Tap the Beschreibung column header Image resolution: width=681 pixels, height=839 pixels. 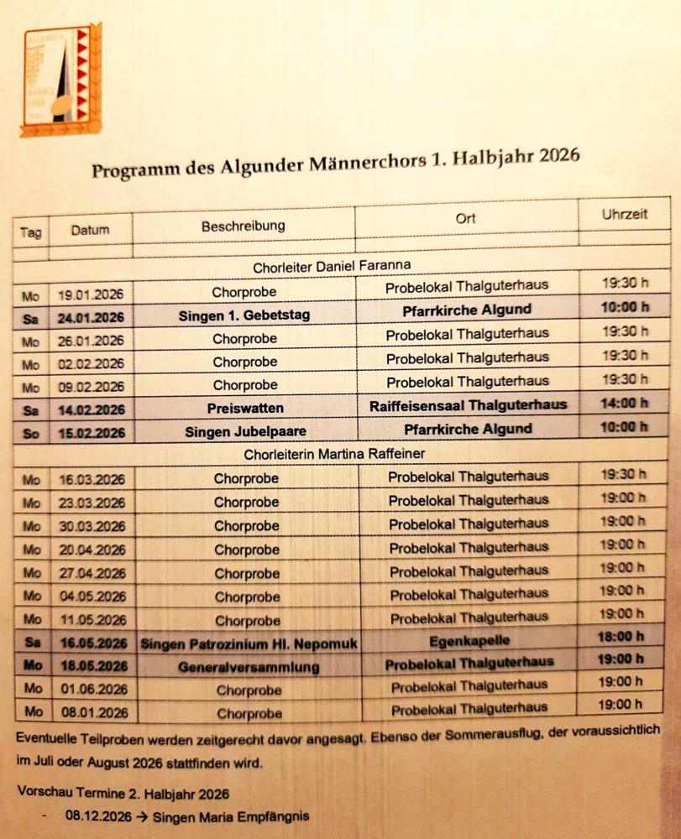coord(243,226)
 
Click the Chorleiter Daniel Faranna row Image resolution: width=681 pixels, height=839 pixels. coord(332,267)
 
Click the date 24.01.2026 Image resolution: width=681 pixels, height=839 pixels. coord(92,317)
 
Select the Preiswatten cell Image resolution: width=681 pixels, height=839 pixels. coord(244,407)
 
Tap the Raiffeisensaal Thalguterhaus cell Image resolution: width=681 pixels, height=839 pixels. coord(468,405)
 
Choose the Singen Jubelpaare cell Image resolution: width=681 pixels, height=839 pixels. coord(244,431)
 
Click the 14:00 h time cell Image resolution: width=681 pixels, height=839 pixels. coord(624,403)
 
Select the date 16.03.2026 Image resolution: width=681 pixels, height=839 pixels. coord(92,480)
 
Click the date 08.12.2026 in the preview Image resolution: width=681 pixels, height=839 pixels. coord(97,816)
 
